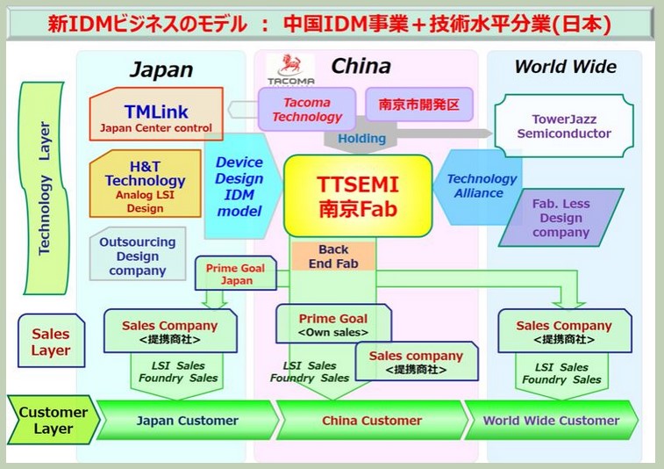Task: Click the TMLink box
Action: tap(156, 116)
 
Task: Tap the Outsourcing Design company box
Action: tap(137, 256)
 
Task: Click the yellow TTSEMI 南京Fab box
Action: tap(358, 195)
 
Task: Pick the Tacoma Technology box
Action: tap(307, 110)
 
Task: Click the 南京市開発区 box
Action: tap(418, 104)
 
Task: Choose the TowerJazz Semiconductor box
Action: tap(564, 126)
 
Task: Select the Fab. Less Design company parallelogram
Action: tap(560, 218)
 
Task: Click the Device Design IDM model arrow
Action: tap(239, 186)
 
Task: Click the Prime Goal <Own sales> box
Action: tap(332, 324)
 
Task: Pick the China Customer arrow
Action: tap(370, 420)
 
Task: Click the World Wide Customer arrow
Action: tap(551, 420)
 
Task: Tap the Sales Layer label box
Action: tap(50, 342)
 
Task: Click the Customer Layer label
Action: tap(53, 420)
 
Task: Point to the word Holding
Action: tap(361, 138)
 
